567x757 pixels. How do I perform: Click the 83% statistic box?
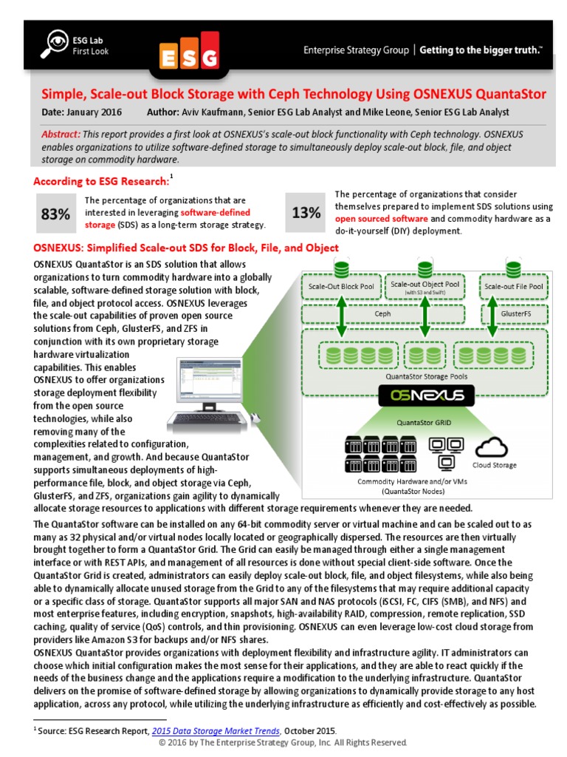point(55,214)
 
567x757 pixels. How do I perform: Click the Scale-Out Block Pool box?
point(340,286)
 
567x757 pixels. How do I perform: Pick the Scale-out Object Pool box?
point(425,287)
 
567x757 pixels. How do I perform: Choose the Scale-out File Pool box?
point(512,286)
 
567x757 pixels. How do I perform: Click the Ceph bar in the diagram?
point(383,313)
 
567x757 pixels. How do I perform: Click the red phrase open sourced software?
point(381,220)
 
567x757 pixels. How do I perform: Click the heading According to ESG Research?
point(101,181)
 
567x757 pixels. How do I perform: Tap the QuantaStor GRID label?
point(427,422)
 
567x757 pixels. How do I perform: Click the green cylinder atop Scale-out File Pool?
point(512,267)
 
